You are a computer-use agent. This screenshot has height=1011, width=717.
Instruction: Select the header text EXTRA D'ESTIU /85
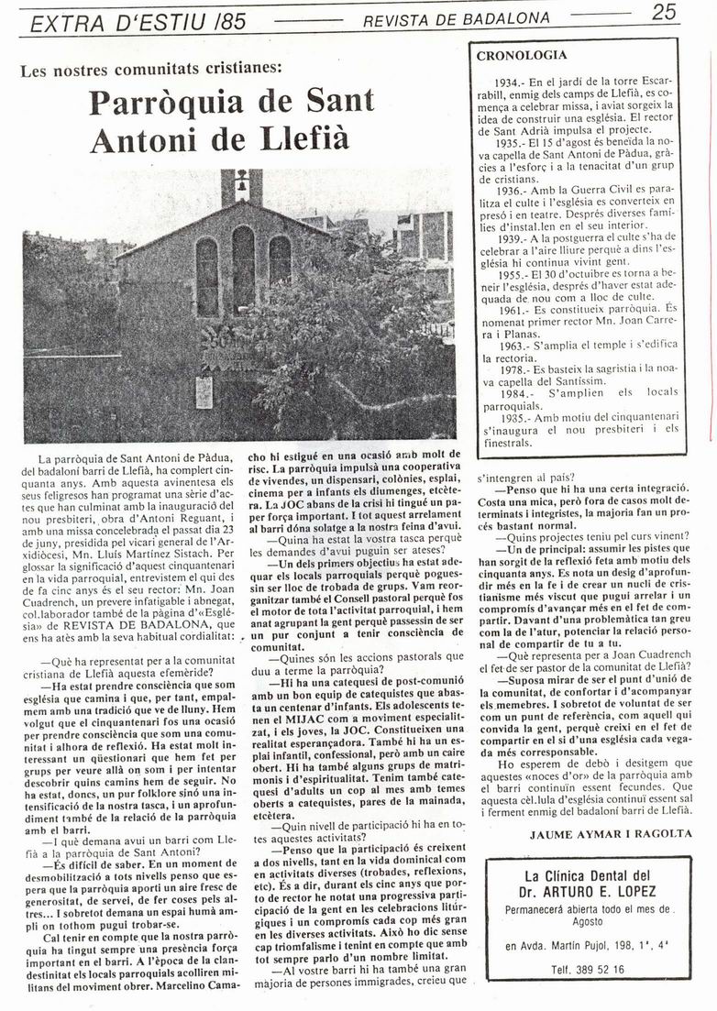click(x=138, y=21)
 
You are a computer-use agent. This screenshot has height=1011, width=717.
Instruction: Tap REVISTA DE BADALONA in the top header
click(x=457, y=17)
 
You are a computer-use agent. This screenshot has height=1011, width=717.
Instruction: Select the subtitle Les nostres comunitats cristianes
click(x=152, y=68)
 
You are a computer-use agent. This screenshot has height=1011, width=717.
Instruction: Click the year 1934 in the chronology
click(x=510, y=82)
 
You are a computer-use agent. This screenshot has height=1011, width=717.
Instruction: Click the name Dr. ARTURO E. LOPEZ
click(x=590, y=891)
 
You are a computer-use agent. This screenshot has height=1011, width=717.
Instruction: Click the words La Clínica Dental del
click(x=590, y=874)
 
